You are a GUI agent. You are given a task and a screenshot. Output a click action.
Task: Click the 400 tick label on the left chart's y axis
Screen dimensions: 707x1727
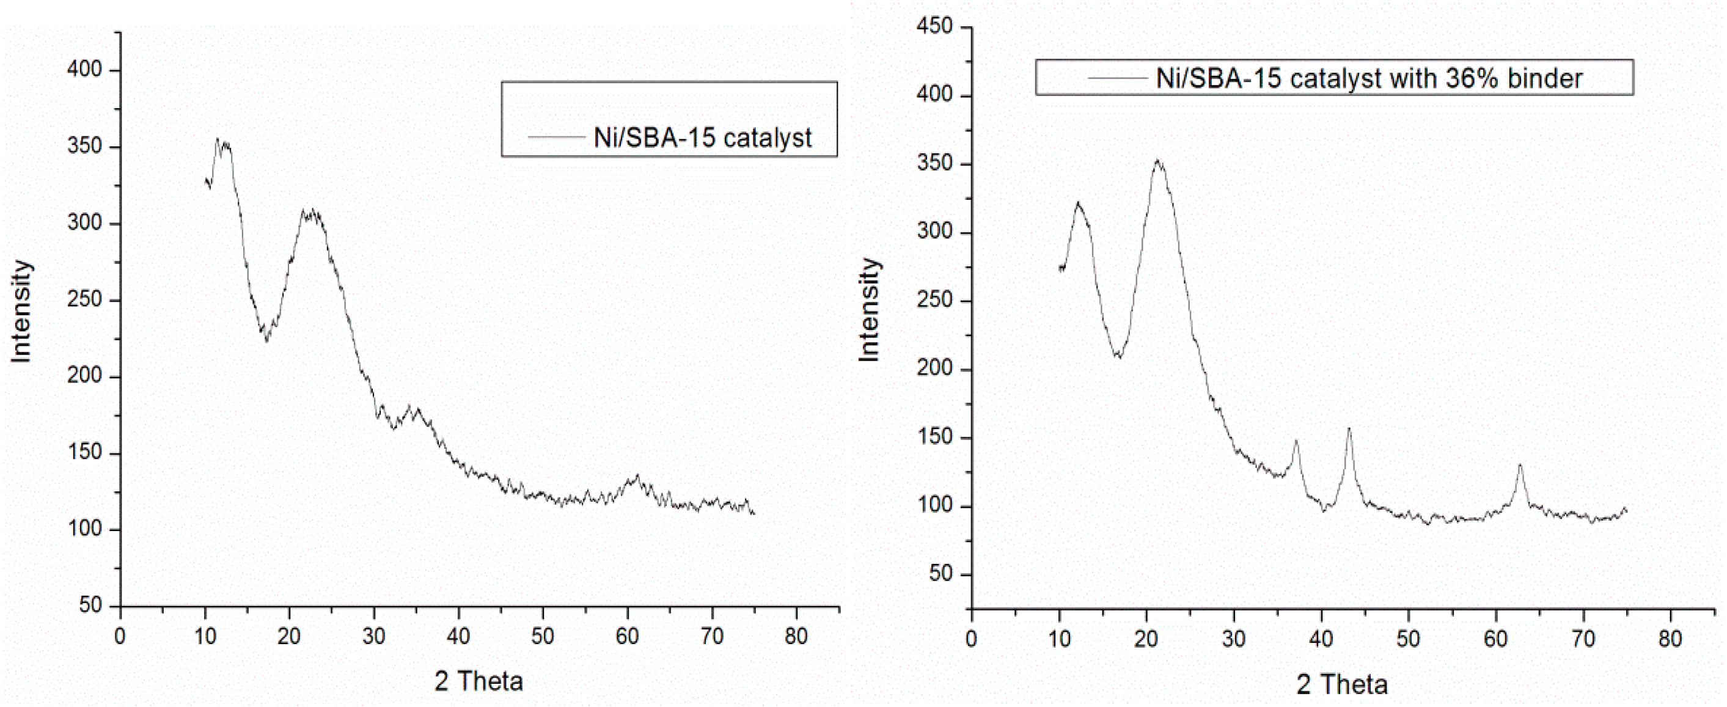tap(84, 70)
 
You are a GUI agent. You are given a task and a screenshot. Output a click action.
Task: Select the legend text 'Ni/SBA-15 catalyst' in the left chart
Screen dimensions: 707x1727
tap(703, 138)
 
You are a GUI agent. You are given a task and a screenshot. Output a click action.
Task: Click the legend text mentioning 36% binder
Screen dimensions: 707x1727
tap(1369, 78)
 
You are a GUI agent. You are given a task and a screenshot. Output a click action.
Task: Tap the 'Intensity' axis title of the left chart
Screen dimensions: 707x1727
tap(21, 312)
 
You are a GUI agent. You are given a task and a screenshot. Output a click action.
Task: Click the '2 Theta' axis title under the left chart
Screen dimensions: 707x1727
tap(479, 681)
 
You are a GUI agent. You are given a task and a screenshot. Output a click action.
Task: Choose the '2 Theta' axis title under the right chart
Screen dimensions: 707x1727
tap(1341, 684)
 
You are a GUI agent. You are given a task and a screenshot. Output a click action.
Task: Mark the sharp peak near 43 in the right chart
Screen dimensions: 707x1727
tap(1349, 428)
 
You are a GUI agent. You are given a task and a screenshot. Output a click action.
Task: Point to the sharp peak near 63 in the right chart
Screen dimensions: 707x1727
tap(1520, 464)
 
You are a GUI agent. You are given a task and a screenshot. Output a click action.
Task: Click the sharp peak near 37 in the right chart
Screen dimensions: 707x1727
tap(1296, 441)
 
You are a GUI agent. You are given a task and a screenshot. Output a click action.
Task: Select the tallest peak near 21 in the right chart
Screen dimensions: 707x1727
tap(1157, 161)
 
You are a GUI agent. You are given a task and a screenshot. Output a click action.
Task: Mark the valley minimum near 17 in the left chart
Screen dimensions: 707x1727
tap(266, 340)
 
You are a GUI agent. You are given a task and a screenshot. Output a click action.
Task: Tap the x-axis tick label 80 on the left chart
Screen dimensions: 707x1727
tap(796, 636)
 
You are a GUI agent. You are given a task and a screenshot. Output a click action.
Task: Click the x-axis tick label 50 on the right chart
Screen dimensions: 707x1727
tap(1409, 639)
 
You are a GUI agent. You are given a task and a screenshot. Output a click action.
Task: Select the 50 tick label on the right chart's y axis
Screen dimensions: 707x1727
tap(941, 575)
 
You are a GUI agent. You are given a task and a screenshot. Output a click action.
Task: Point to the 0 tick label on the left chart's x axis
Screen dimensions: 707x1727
tap(120, 636)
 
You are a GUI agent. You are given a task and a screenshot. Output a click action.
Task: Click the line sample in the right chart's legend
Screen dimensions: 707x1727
tap(1118, 78)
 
